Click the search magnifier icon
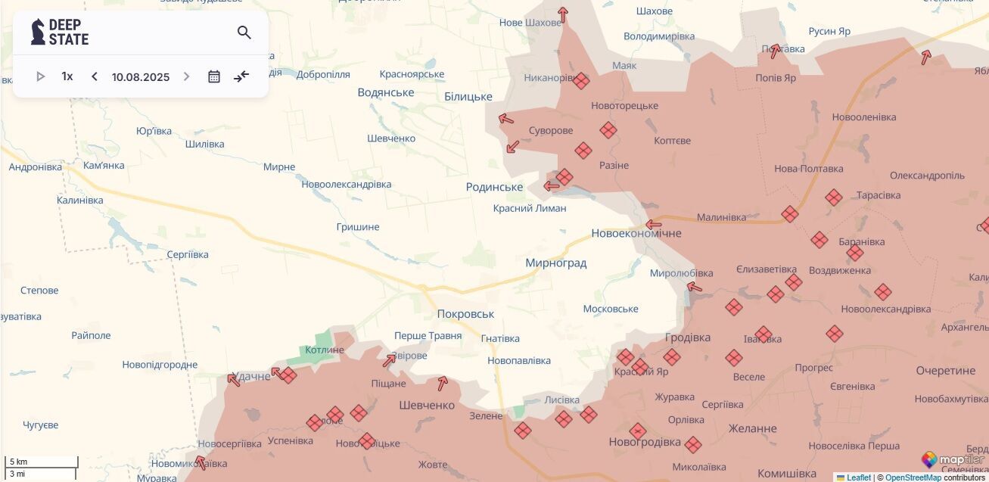244,33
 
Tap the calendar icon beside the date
214,76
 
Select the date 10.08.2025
141,77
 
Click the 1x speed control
67,76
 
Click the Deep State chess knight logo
38,32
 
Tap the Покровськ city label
465,314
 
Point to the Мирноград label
555,263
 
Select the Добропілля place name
323,74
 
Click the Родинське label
494,187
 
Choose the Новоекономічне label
636,233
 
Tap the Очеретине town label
945,371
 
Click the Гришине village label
358,227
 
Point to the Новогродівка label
645,442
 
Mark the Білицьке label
468,96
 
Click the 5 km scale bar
41,462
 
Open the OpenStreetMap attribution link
913,477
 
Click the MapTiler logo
953,459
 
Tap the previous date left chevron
95,76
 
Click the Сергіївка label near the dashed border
188,254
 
